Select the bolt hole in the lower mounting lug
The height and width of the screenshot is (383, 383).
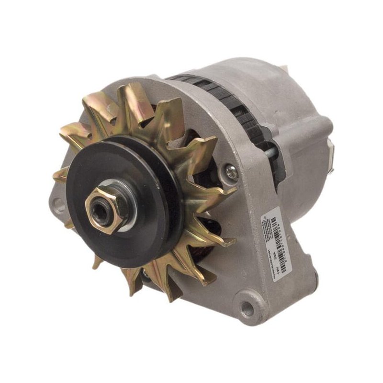pos(248,309)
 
